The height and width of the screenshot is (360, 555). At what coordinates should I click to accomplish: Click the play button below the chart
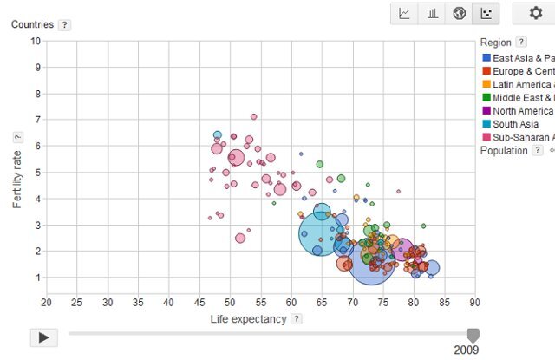tap(43, 337)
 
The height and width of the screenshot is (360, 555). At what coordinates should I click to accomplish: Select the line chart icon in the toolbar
tap(404, 13)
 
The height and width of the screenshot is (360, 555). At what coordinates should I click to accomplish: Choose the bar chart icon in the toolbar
tap(432, 13)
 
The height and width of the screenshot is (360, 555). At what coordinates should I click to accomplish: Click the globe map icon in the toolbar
tap(460, 13)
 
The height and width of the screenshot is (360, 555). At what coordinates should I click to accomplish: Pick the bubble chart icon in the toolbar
tap(487, 13)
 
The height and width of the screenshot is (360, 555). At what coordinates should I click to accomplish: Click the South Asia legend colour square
tap(486, 124)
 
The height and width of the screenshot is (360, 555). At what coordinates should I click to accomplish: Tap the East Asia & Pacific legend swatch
tap(486, 58)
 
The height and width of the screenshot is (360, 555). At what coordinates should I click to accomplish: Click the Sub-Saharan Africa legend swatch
tap(486, 137)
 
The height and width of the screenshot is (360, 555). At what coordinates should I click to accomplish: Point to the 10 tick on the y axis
tap(36, 41)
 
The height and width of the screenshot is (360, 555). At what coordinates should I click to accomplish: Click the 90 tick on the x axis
tap(474, 302)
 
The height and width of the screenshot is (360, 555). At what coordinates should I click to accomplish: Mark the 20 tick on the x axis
tap(46, 302)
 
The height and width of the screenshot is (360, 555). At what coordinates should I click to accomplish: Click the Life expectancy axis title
tap(248, 319)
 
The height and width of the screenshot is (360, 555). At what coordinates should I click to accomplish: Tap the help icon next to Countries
tap(64, 24)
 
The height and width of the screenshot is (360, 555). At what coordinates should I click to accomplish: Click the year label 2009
tap(466, 350)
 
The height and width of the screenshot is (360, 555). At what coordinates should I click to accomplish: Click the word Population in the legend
tap(504, 150)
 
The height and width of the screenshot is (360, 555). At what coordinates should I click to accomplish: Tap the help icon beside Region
tap(520, 42)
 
